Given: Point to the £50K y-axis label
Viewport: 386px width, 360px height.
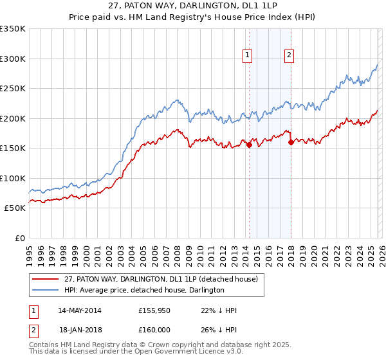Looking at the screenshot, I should click(14, 208).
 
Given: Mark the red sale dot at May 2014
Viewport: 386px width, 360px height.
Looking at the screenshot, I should click(249, 145).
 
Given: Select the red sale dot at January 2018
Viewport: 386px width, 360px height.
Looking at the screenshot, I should click(291, 143).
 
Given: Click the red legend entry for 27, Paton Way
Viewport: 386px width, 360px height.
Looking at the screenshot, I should click(161, 279).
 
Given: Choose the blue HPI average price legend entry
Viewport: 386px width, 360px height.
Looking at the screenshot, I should click(144, 290).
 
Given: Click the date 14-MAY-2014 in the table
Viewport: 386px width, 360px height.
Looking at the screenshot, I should click(80, 310).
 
